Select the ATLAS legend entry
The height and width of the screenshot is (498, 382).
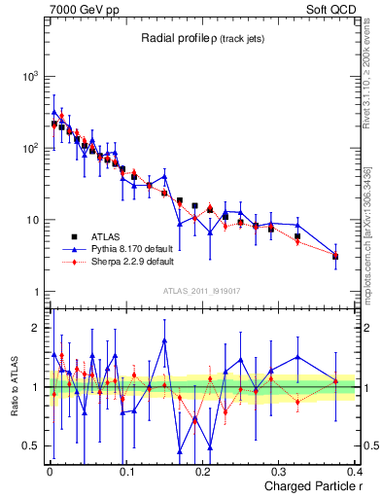[102, 236]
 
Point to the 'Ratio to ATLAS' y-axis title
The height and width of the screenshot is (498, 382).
[13, 386]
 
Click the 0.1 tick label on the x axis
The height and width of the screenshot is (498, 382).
[126, 471]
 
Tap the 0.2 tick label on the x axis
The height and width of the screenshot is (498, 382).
[203, 471]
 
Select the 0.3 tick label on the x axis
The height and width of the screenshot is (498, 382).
[280, 471]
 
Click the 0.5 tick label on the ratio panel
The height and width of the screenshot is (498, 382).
[31, 446]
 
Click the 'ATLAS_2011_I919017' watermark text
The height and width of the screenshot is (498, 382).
[201, 290]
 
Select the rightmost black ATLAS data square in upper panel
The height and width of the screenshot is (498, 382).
[335, 256]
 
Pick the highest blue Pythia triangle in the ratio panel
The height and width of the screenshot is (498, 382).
[165, 340]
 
